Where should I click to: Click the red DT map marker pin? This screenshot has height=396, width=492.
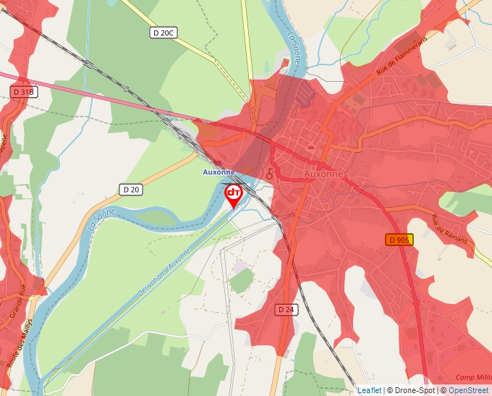click(x=234, y=194)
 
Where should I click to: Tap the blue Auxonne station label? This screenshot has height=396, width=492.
click(x=218, y=172)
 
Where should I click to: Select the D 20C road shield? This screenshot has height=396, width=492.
click(x=164, y=33)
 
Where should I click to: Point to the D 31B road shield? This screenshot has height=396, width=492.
click(x=24, y=92)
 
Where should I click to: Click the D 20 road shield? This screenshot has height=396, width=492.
click(x=131, y=189)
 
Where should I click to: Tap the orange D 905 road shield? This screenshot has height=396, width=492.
click(x=399, y=240)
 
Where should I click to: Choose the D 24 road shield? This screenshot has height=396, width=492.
click(x=287, y=309)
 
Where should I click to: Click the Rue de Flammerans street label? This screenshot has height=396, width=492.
click(x=402, y=56)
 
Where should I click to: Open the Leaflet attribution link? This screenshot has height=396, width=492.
click(x=369, y=390)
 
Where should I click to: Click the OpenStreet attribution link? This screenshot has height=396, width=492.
click(x=468, y=390)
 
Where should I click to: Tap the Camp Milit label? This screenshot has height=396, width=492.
click(x=474, y=377)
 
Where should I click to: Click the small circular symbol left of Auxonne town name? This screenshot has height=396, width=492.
click(x=271, y=174)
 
